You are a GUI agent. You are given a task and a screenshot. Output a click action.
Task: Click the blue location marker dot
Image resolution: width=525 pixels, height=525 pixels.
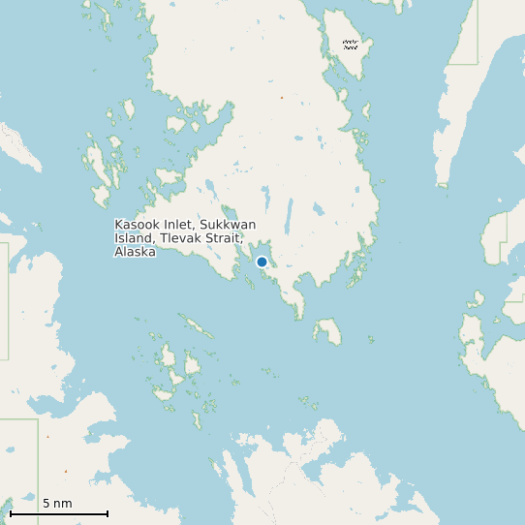pos(262,262)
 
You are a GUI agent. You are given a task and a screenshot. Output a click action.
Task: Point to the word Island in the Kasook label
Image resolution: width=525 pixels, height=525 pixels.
pos(133,238)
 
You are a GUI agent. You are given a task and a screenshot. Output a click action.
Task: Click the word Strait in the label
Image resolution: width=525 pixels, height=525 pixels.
pos(222,238)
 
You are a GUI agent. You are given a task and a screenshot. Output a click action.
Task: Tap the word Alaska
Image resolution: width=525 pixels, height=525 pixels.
pos(134,252)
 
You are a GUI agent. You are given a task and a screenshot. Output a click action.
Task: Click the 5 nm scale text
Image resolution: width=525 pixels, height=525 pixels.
pos(57,504)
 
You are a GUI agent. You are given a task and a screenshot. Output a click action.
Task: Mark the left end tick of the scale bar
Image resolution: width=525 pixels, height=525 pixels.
pos(11,512)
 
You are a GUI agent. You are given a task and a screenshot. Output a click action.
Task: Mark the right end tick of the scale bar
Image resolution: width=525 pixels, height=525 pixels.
pos(108,512)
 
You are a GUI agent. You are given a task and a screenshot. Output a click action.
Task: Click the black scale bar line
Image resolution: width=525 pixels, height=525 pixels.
pos(58,513)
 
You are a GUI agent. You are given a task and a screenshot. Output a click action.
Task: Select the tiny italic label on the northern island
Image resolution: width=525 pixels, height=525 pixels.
pos(351,44)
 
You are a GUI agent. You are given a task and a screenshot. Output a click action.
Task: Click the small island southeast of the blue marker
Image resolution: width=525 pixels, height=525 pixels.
pos(327,332)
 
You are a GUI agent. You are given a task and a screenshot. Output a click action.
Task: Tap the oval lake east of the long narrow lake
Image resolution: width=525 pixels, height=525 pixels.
pos(318,207)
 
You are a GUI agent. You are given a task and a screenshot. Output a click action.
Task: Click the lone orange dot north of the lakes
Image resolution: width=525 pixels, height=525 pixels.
pos(282,98)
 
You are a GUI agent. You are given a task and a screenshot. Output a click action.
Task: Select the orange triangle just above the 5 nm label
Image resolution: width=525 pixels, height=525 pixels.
pos(66,472)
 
